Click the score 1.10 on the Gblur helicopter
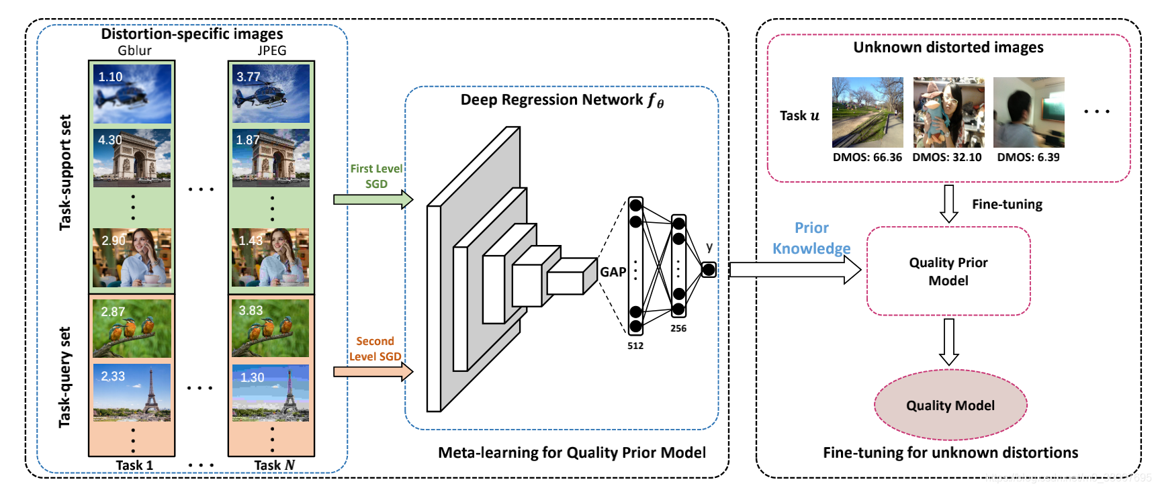pyautogui.click(x=110, y=77)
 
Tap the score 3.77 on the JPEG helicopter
pyautogui.click(x=248, y=77)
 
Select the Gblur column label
pyautogui.click(x=134, y=51)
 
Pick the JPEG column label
pyautogui.click(x=271, y=51)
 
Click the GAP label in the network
pyautogui.click(x=613, y=272)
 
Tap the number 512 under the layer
pyautogui.click(x=635, y=346)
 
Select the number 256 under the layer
pyautogui.click(x=678, y=328)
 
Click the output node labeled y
pyautogui.click(x=709, y=270)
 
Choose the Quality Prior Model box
pyautogui.click(x=948, y=271)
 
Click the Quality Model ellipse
pyautogui.click(x=950, y=405)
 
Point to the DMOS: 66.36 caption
pyautogui.click(x=867, y=157)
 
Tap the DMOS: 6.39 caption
pyautogui.click(x=1028, y=157)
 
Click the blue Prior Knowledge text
pyautogui.click(x=811, y=238)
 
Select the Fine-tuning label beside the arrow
pyautogui.click(x=1007, y=204)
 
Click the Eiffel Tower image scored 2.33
pyautogui.click(x=132, y=393)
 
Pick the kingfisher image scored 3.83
pyautogui.click(x=271, y=328)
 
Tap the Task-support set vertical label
pyautogui.click(x=65, y=173)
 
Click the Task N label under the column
pyautogui.click(x=274, y=465)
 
